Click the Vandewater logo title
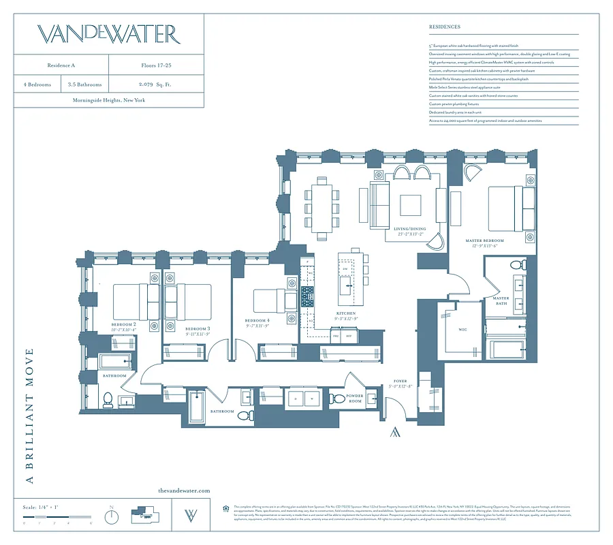(x=108, y=34)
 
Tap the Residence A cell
(x=61, y=67)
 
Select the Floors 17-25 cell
(x=156, y=67)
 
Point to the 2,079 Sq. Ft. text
(x=156, y=85)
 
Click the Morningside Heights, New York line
(x=108, y=100)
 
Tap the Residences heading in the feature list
(x=444, y=27)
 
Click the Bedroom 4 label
(x=257, y=321)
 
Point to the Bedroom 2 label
(x=125, y=325)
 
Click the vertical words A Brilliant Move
(x=29, y=416)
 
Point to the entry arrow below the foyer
(x=394, y=432)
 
